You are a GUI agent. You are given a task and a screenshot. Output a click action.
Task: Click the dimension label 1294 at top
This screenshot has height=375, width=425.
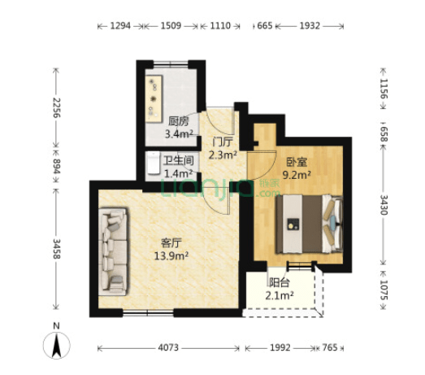pyautogui.click(x=120, y=26)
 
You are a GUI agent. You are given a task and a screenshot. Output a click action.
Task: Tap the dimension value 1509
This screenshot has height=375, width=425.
pyautogui.click(x=171, y=26)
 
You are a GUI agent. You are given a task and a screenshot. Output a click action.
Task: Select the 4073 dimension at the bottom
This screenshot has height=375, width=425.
pyautogui.click(x=168, y=347)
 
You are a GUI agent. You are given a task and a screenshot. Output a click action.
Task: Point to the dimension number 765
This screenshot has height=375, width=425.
pyautogui.click(x=330, y=347)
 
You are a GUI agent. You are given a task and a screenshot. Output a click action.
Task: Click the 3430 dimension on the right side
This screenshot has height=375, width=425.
pyautogui.click(x=384, y=205)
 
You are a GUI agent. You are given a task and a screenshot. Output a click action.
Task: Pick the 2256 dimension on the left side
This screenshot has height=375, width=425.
pyautogui.click(x=56, y=107)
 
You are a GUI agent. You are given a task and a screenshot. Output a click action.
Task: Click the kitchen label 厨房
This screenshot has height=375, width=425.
pyautogui.click(x=179, y=121)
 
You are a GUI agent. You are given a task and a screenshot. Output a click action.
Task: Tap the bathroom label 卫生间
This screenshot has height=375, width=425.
pyautogui.click(x=179, y=160)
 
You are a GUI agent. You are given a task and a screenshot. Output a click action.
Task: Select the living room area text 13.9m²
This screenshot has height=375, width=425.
pyautogui.click(x=171, y=256)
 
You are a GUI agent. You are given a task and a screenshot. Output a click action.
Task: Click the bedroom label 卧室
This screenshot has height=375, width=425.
pyautogui.click(x=297, y=162)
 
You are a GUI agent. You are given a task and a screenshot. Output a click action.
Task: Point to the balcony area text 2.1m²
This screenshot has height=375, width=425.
pyautogui.click(x=280, y=295)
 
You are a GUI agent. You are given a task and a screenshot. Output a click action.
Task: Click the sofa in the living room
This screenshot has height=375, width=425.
pyautogui.click(x=113, y=251)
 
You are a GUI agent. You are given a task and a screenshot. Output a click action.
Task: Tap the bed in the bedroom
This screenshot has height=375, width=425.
pyautogui.click(x=310, y=225)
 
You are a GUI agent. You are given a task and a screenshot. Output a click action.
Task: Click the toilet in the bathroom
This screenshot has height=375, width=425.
pyautogui.click(x=154, y=163)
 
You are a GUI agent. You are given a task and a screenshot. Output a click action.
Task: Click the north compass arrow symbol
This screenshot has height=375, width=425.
pyautogui.click(x=56, y=346)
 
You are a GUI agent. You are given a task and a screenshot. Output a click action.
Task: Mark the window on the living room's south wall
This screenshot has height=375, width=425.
pyautogui.click(x=148, y=313)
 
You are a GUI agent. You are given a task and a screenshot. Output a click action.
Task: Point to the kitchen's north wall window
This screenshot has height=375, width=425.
pyautogui.click(x=171, y=64)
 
